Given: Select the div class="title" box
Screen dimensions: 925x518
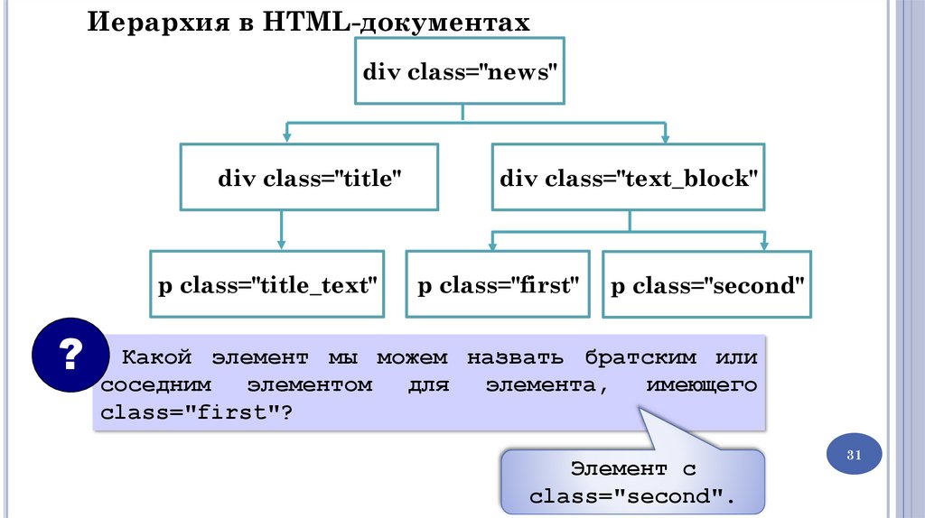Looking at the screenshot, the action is pos(309,178).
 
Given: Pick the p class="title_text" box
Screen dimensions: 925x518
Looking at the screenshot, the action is pos(267,286).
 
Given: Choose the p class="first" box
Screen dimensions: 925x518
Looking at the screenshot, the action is pos(498,286).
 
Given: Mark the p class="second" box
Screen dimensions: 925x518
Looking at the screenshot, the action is pos(707,286).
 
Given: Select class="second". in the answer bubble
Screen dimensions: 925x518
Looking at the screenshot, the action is pos(632,495).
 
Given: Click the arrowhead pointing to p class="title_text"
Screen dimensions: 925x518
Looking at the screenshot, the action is pos(282,242).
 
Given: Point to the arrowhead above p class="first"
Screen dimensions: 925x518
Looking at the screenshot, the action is pos(493,245).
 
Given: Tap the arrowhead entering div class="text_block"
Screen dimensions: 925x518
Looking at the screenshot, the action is pos(665,135).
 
